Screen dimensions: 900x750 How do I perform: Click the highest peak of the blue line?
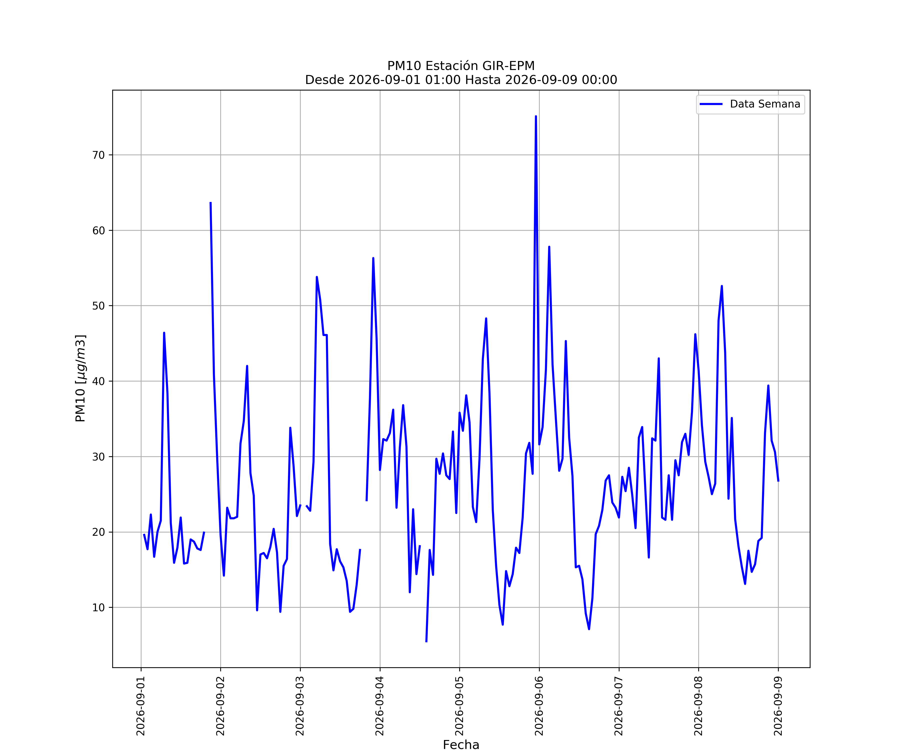coord(536,116)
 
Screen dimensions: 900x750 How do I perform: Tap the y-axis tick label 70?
coord(98,155)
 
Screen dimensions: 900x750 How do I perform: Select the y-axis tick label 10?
coord(98,608)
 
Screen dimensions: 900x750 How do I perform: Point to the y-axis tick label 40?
coord(98,381)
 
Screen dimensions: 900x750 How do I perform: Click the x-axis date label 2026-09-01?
coord(141,706)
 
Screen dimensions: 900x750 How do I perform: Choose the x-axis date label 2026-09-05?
coord(459,706)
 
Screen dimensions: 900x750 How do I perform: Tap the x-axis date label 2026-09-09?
coord(778,706)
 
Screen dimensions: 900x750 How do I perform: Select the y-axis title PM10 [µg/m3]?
coord(80,378)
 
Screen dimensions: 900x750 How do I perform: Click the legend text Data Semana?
coord(765,104)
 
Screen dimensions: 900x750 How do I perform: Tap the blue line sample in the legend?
coord(711,104)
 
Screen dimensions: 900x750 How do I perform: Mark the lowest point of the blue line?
coord(426,641)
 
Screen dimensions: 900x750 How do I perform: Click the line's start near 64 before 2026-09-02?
coord(210,202)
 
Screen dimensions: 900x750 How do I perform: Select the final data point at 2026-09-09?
coord(778,481)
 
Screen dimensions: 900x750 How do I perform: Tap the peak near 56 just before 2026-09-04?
coord(373,258)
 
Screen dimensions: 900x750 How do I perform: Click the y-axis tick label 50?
coord(98,306)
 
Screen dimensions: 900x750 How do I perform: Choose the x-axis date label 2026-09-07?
coord(619,706)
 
